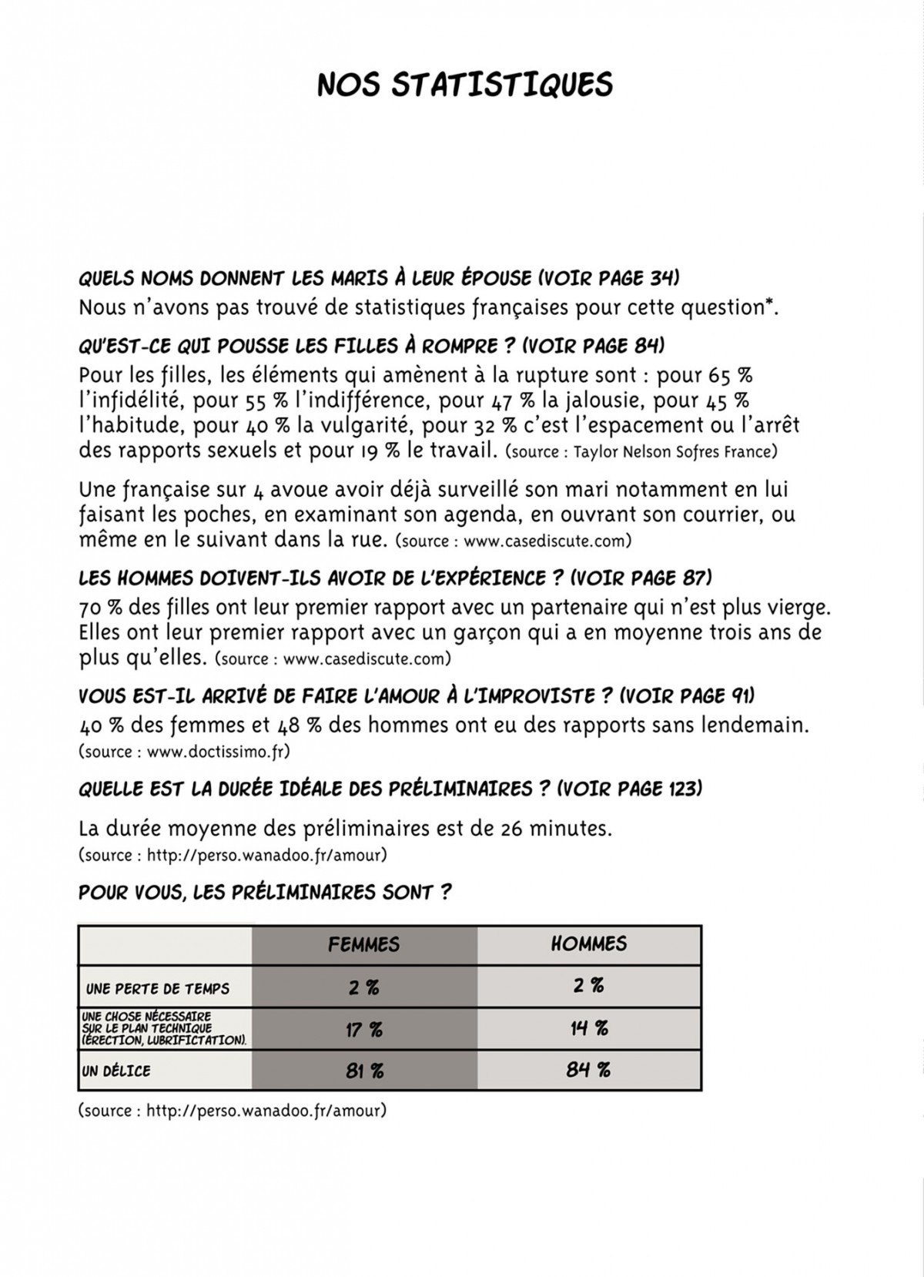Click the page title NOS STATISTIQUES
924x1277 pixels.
click(465, 85)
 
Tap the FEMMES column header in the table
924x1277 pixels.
click(363, 944)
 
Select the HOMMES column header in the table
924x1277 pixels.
click(589, 944)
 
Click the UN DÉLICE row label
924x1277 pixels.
click(116, 1071)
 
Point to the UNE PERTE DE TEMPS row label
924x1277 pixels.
click(157, 989)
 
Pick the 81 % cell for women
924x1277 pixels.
click(364, 1071)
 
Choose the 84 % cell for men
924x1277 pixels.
click(589, 1070)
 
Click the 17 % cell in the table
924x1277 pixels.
click(364, 1029)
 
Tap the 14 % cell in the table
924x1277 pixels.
click(589, 1028)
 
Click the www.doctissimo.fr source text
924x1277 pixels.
click(218, 751)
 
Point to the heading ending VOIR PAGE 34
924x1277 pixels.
click(379, 278)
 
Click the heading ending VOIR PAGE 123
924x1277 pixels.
click(390, 789)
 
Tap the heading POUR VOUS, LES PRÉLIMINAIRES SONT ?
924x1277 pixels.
click(265, 893)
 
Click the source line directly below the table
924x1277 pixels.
click(232, 1111)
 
